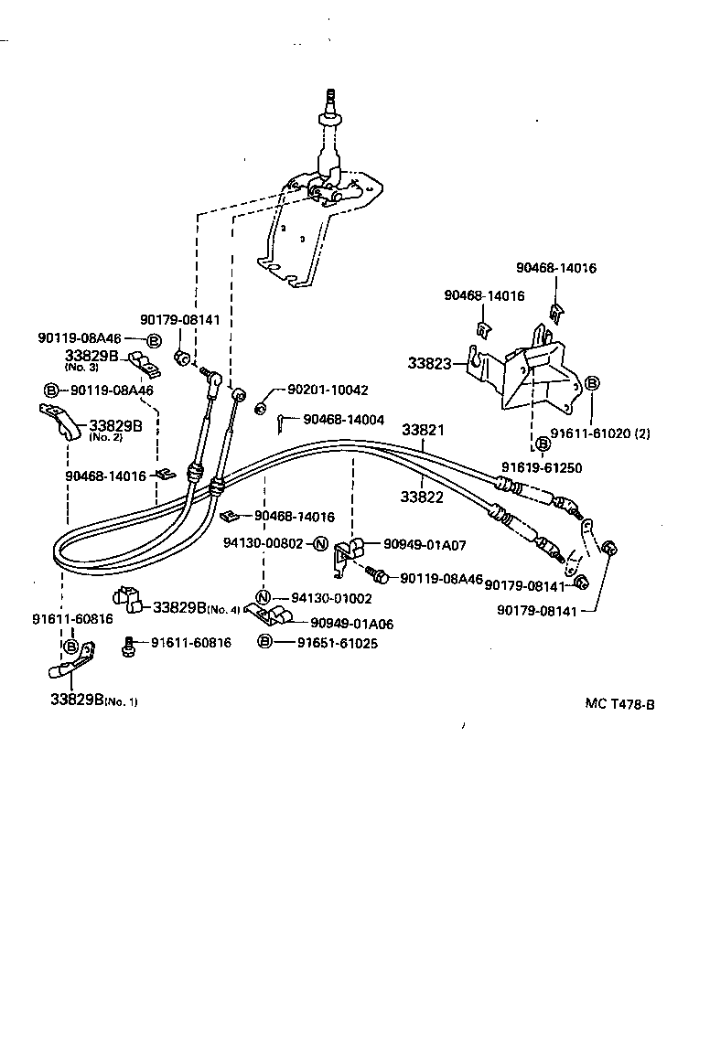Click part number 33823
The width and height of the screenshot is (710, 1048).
tap(429, 363)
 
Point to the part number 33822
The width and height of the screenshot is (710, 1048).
tap(422, 497)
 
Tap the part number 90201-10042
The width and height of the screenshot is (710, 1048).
tap(328, 390)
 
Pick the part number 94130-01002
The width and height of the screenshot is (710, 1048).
tap(331, 598)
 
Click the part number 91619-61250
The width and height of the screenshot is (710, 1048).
tap(541, 467)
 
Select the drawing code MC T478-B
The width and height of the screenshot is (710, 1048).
tap(620, 704)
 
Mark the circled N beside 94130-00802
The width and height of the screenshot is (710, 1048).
tap(320, 543)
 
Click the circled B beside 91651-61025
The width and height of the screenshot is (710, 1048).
tap(264, 643)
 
